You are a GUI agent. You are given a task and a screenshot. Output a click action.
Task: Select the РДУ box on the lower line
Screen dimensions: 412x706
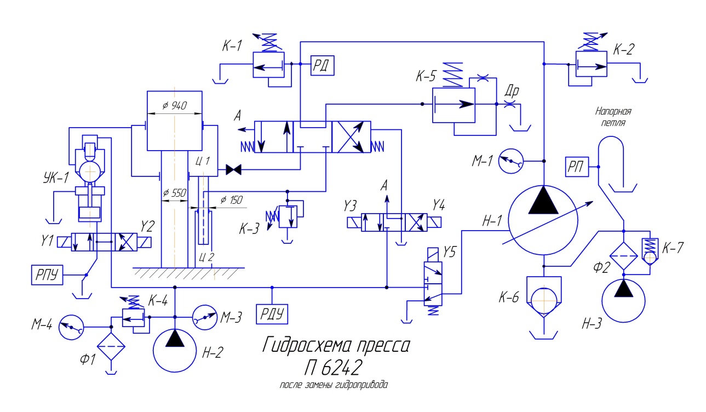273,314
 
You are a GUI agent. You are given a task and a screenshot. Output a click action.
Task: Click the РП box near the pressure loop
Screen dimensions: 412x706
577,167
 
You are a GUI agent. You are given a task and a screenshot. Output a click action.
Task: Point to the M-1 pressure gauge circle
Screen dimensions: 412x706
512,161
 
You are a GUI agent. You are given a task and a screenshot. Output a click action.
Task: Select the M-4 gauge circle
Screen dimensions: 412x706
72,327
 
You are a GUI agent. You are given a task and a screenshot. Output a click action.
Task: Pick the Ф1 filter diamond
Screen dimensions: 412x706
111,346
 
